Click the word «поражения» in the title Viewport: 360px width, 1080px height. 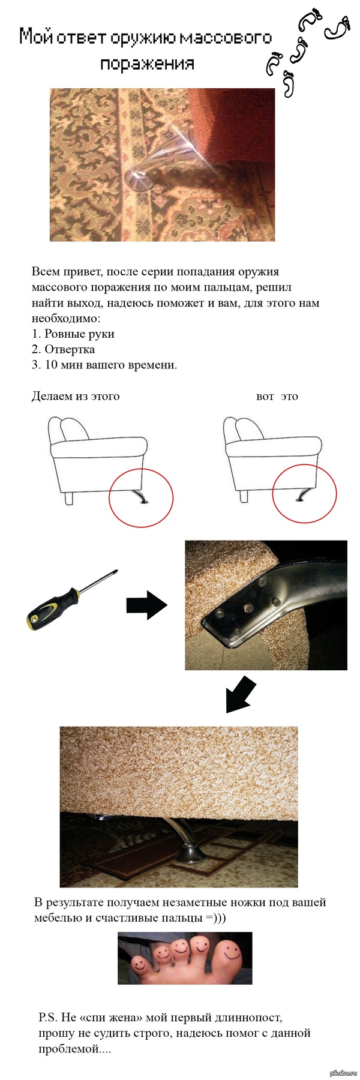pyautogui.click(x=147, y=64)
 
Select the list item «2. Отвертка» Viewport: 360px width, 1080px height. pyautogui.click(x=63, y=349)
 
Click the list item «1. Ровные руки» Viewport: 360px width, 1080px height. pyautogui.click(x=73, y=334)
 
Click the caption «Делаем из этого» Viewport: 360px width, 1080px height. pyautogui.click(x=76, y=396)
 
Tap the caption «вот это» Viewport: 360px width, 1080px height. pyautogui.click(x=277, y=396)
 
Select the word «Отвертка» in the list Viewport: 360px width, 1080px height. pyautogui.click(x=70, y=349)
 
